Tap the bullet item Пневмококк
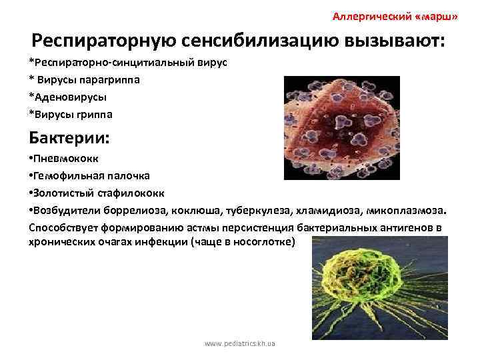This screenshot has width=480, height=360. click(x=60, y=160)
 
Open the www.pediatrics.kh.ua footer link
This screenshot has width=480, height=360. click(x=240, y=344)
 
